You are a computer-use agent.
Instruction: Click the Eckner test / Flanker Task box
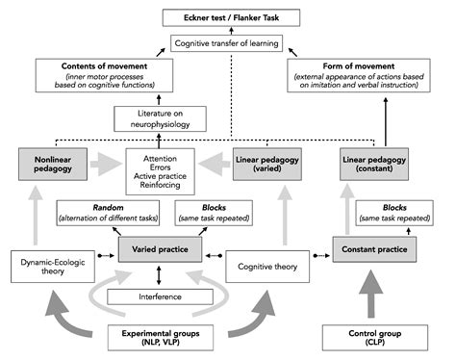pos(227,15)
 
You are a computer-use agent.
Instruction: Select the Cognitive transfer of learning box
pos(227,43)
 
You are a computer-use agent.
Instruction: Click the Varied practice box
pos(160,251)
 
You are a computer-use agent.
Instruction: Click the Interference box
pos(160,296)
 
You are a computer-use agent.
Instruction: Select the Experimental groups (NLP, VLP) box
pos(160,338)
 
